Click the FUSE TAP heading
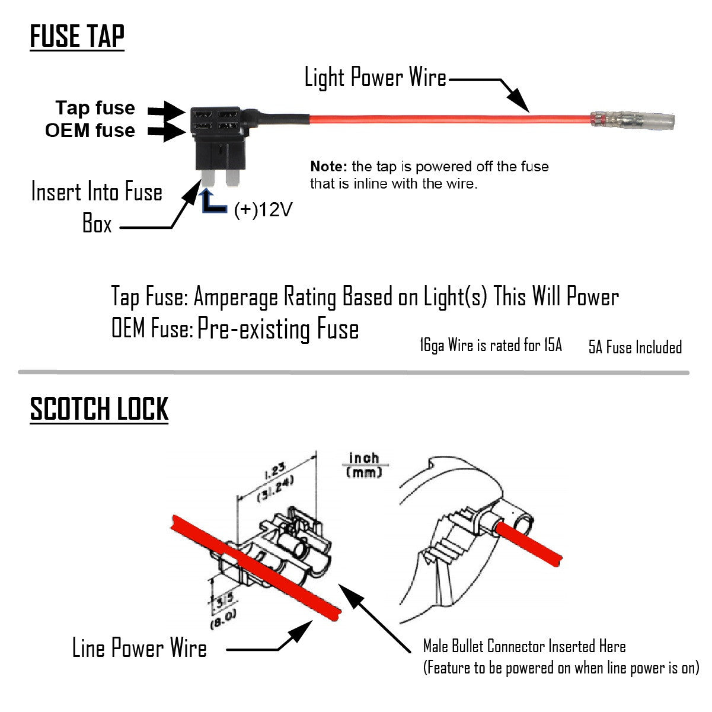pos(77,36)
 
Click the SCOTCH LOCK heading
pos(99,409)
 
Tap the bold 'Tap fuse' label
pos(95,108)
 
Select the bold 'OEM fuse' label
pos(90,130)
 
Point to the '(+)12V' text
pos(263,209)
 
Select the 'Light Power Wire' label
pos(375,78)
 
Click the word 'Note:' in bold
pos(329,167)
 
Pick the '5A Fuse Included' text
pos(635,347)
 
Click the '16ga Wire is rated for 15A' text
pos(490,345)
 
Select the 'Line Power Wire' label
pos(139,648)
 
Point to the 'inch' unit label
pos(363,459)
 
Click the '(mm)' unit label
pos(363,472)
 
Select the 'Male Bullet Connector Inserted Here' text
pos(524,646)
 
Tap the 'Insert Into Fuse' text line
pos(97,192)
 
